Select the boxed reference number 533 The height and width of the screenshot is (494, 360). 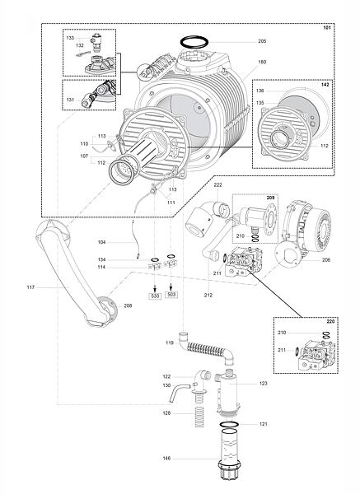pyautogui.click(x=155, y=296)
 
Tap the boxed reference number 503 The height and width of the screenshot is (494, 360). pyautogui.click(x=171, y=295)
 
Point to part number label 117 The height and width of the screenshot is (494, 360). pyautogui.click(x=30, y=287)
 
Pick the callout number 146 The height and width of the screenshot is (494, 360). pyautogui.click(x=166, y=459)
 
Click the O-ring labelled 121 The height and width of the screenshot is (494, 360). pyautogui.click(x=229, y=424)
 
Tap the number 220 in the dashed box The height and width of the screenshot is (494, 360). pyautogui.click(x=330, y=322)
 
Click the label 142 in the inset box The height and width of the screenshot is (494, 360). pyautogui.click(x=325, y=85)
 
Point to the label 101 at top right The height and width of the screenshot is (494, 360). pyautogui.click(x=327, y=28)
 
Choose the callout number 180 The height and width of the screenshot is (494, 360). pyautogui.click(x=262, y=62)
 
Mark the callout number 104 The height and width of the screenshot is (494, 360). pyautogui.click(x=102, y=242)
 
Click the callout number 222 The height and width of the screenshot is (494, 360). pyautogui.click(x=217, y=184)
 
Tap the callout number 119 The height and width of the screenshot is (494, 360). pyautogui.click(x=170, y=343)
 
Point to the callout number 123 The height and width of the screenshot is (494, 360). pyautogui.click(x=264, y=383)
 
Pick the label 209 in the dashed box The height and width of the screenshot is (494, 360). pyautogui.click(x=270, y=198)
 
